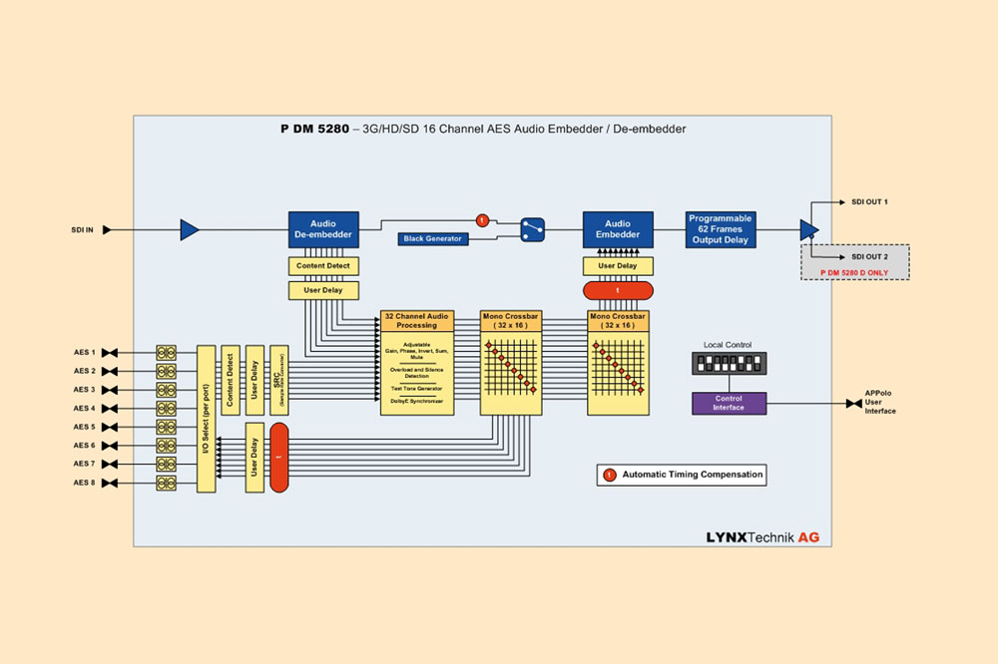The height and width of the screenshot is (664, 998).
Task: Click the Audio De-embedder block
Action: coord(322,229)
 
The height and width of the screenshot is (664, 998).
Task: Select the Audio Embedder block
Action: coord(618,229)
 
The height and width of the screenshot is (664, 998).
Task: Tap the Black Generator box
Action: coord(433,239)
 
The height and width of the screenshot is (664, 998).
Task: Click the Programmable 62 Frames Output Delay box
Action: coord(720,229)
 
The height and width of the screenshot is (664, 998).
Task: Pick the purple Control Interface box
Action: coord(729,403)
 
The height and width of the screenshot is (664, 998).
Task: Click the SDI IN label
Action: coord(83,230)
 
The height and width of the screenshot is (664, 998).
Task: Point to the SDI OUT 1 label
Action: coord(869,202)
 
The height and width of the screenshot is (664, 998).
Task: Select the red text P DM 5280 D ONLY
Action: coord(854,271)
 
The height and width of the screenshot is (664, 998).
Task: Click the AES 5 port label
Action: coord(84,427)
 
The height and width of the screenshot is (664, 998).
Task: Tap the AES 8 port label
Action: coord(84,484)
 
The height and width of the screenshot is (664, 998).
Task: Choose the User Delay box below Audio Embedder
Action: coord(618,266)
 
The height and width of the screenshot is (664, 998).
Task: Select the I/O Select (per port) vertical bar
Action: coord(207,419)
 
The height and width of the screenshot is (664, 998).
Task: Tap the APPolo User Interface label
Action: coord(880,404)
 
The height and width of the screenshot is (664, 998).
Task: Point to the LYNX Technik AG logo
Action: coord(762,536)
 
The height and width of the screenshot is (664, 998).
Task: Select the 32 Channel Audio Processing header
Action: coord(417,320)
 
